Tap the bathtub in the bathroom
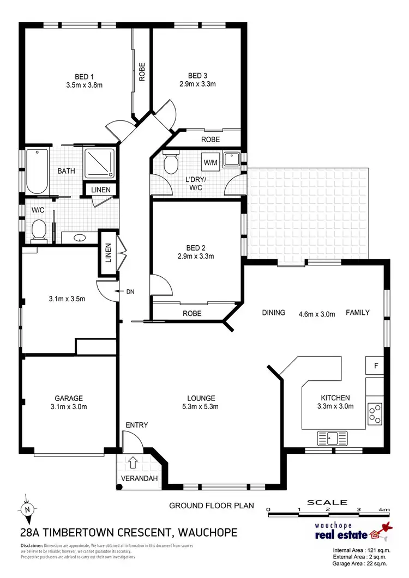(x=37, y=171)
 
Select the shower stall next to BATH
(x=99, y=163)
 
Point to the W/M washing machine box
(x=210, y=162)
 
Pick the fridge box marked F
(x=375, y=366)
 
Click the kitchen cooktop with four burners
(x=375, y=413)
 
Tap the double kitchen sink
(x=333, y=437)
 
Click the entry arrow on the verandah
(x=132, y=463)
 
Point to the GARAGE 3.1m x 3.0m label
(x=68, y=402)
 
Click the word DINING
(x=273, y=313)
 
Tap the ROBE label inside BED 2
(x=192, y=314)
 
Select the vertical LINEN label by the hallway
(x=108, y=253)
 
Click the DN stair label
(x=130, y=291)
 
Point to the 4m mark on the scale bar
(x=386, y=510)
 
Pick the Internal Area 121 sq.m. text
(x=362, y=551)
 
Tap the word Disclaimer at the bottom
(x=32, y=545)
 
